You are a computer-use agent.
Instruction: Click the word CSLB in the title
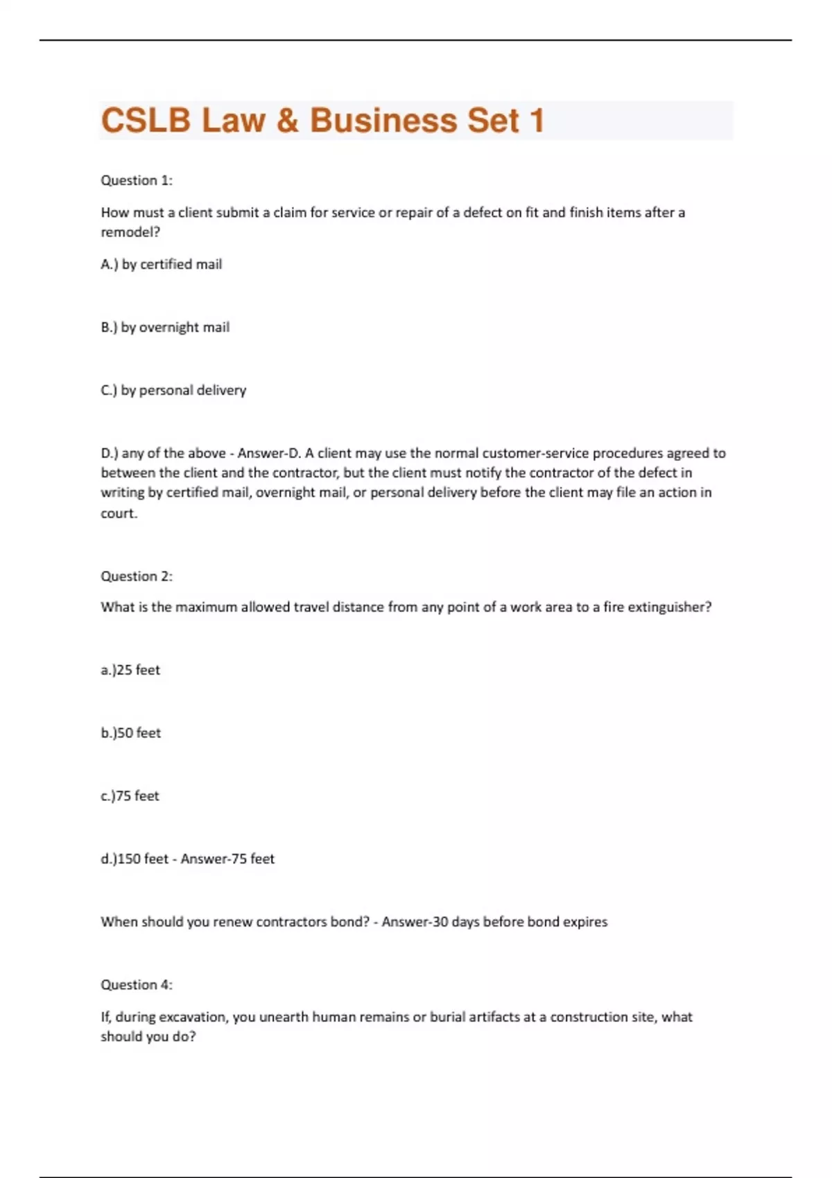click(146, 121)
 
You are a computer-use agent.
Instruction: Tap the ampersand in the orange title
click(287, 121)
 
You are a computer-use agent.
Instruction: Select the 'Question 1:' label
click(137, 181)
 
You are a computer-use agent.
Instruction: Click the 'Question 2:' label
click(137, 577)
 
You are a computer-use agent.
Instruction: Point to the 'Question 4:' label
click(137, 985)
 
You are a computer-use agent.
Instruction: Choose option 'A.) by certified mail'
click(162, 265)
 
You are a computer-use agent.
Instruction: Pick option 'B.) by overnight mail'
click(165, 327)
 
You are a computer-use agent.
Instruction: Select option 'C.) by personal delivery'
click(173, 390)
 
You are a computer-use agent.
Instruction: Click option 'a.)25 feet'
click(130, 670)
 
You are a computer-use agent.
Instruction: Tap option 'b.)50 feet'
click(130, 733)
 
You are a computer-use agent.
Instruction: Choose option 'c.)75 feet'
click(130, 796)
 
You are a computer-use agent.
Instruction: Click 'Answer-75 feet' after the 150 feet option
click(227, 859)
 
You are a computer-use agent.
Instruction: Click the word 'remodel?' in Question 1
click(130, 233)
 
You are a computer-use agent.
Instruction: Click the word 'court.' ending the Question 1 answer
click(119, 513)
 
